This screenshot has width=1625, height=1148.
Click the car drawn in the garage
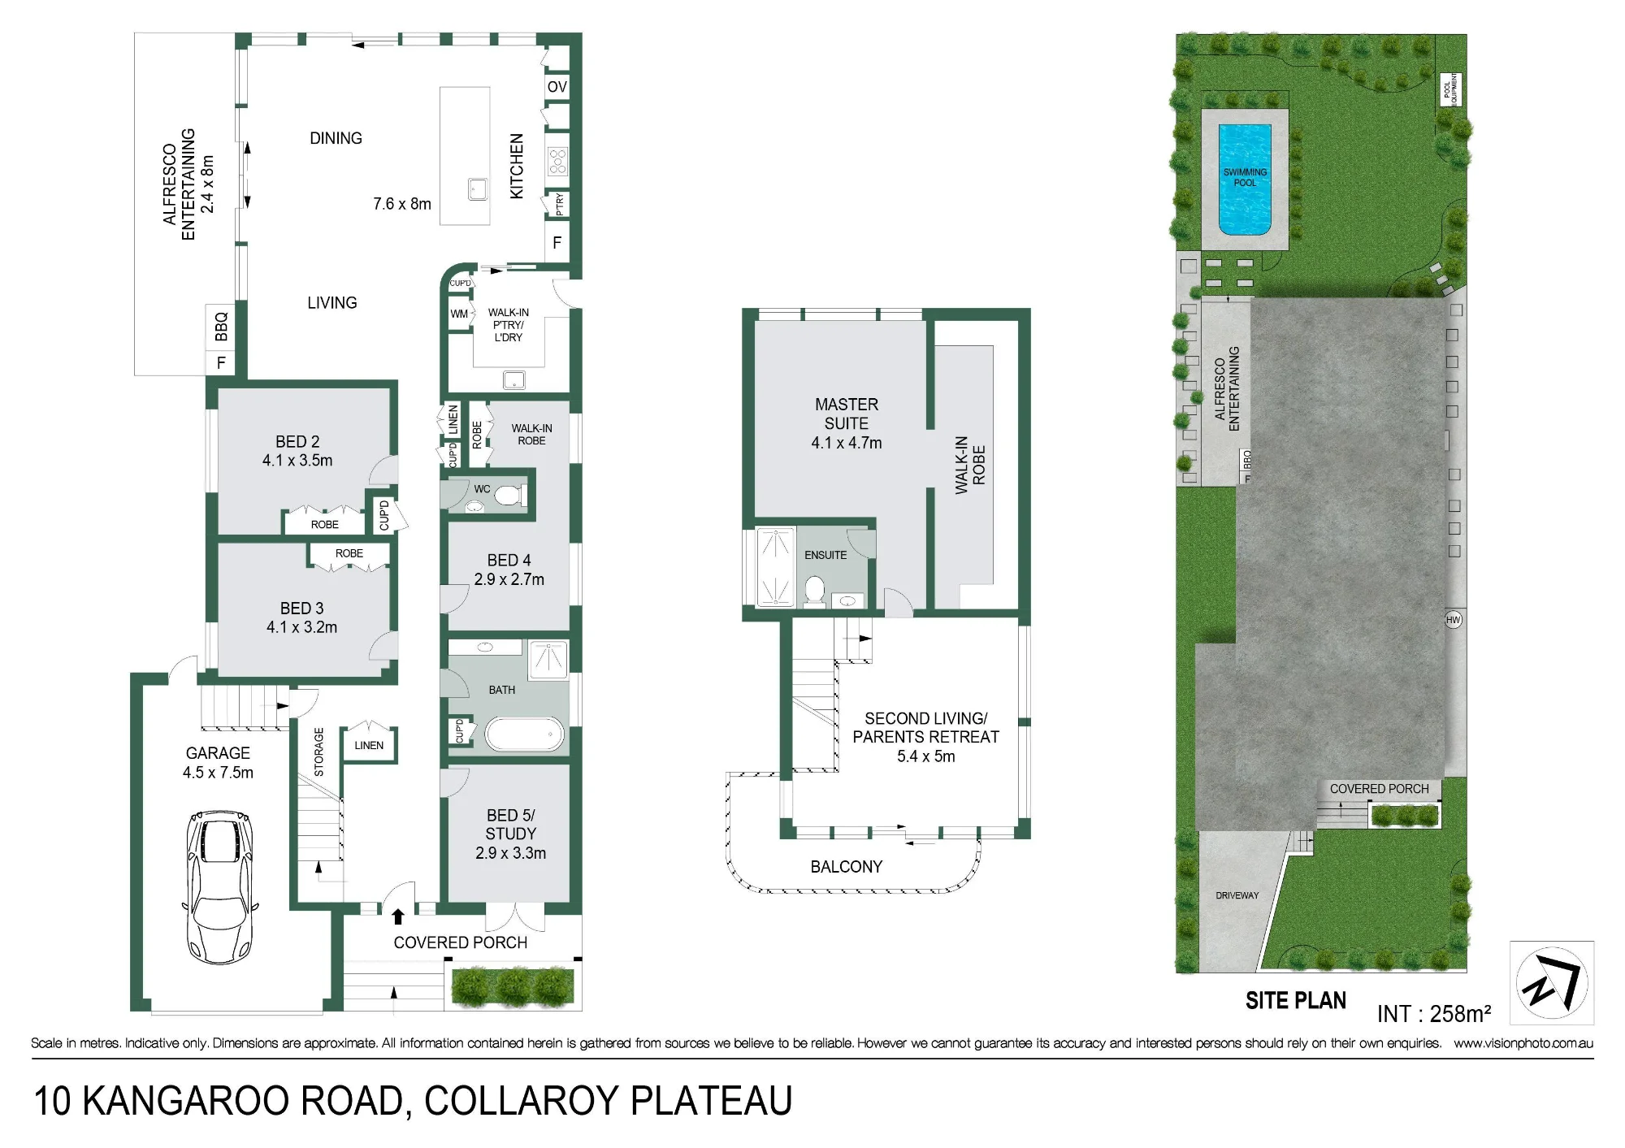click(x=219, y=886)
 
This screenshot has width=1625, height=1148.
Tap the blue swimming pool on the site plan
click(x=1245, y=180)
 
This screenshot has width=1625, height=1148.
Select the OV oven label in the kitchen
click(x=557, y=87)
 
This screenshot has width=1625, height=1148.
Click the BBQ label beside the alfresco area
click(x=221, y=327)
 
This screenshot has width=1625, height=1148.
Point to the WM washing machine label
click(x=459, y=314)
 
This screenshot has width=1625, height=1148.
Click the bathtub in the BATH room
click(x=524, y=734)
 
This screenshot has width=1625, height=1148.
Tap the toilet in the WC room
click(x=509, y=495)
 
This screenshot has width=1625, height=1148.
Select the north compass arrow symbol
click(x=1552, y=983)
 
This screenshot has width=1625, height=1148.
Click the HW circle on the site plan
click(x=1454, y=620)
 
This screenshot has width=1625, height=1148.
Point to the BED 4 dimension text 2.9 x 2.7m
click(x=509, y=579)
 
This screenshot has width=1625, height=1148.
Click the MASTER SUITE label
click(x=847, y=414)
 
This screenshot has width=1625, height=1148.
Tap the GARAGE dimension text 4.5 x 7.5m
click(x=218, y=773)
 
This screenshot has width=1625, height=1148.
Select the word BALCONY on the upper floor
click(x=847, y=867)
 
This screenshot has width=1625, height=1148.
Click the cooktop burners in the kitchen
click(x=557, y=161)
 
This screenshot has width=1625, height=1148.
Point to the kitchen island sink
click(x=478, y=190)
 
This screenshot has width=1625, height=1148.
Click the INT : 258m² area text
click(x=1434, y=1014)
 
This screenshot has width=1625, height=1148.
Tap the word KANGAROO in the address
click(x=187, y=1102)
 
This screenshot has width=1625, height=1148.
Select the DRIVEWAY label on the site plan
click(x=1237, y=895)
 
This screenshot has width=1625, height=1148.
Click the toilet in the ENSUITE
click(x=814, y=591)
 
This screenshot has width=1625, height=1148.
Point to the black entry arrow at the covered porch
click(x=398, y=917)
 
